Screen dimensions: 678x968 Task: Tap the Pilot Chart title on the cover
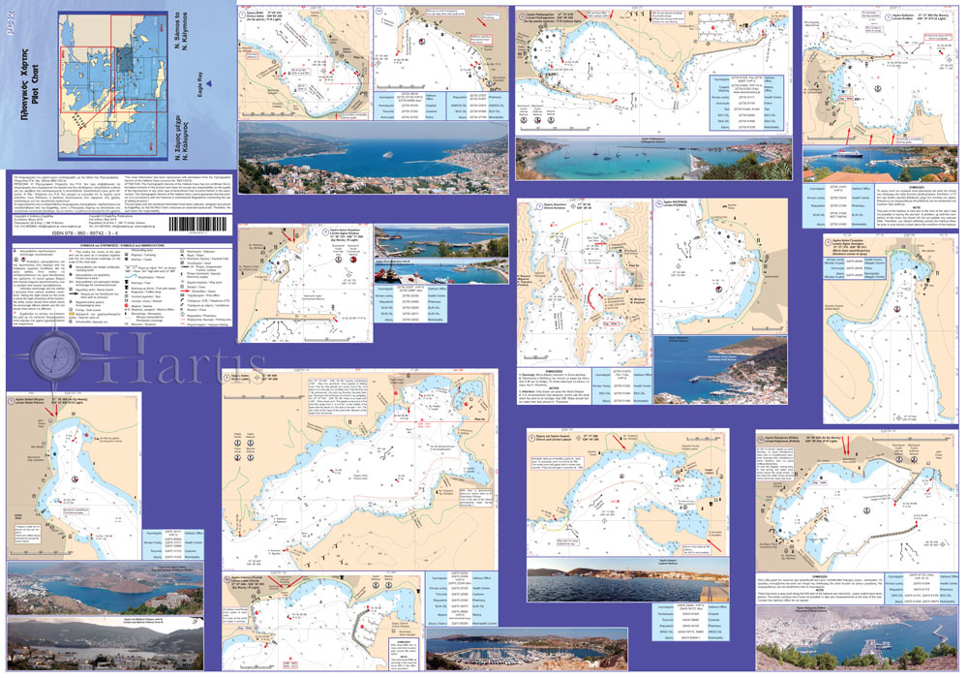pos(30,98)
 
